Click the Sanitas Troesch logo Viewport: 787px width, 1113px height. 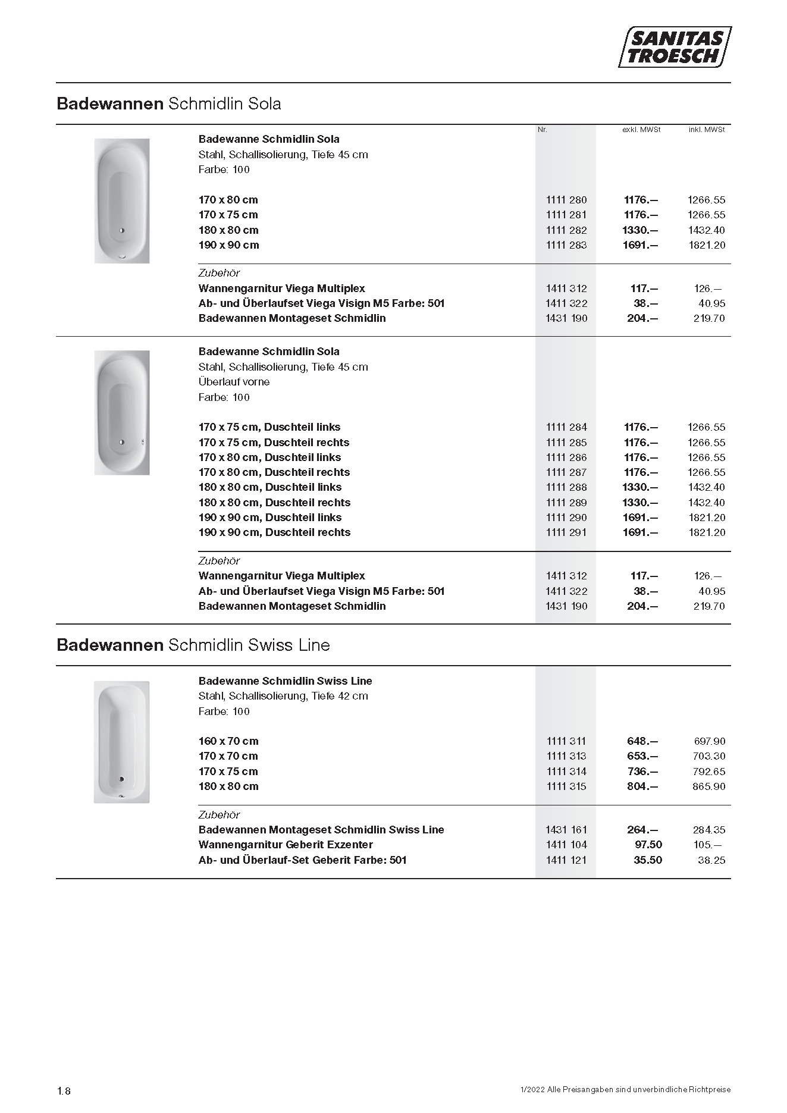[x=675, y=47]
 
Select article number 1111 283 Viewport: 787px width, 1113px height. [x=566, y=245]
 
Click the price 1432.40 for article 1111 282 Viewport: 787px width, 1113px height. [x=707, y=230]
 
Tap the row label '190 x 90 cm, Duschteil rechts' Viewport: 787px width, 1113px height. [x=274, y=532]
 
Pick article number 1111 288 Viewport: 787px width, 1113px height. [x=566, y=487]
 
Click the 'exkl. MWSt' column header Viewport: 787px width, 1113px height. [x=641, y=130]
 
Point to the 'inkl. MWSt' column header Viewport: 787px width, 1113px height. [x=707, y=130]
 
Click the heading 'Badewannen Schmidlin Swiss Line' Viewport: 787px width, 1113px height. [x=193, y=645]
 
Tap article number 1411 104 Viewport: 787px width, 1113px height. [x=566, y=845]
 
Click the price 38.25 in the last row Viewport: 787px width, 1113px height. [x=711, y=860]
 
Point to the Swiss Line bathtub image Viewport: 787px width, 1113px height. [x=121, y=742]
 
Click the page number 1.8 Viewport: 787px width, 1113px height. [x=64, y=1091]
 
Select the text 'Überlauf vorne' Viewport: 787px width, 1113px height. [x=234, y=382]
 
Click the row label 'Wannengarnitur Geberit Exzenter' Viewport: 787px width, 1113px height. [x=286, y=845]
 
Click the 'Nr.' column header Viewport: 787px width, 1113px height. [x=542, y=130]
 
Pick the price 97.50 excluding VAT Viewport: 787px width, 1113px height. [x=648, y=845]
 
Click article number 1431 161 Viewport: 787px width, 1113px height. [x=566, y=830]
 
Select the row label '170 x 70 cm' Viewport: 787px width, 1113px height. [x=228, y=756]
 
